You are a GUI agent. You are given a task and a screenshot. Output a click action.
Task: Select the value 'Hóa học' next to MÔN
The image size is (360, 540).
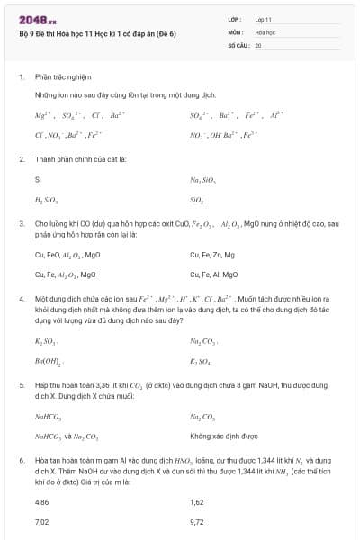click(x=265, y=31)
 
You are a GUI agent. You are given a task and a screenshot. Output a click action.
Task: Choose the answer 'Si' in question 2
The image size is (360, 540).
click(x=37, y=180)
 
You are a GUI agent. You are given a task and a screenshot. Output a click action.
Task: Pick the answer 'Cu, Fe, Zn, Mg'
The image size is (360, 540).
click(x=212, y=255)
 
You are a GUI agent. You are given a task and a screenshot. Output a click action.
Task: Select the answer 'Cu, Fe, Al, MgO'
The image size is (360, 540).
click(x=213, y=274)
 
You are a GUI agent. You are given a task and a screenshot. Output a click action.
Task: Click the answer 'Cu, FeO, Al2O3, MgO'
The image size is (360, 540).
click(x=67, y=255)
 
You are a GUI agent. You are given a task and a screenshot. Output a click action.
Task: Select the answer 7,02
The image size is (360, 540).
click(x=41, y=521)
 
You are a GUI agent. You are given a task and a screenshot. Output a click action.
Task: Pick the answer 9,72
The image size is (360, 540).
click(x=197, y=521)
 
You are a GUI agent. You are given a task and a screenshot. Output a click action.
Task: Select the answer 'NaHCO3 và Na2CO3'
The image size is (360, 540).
click(x=67, y=436)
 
